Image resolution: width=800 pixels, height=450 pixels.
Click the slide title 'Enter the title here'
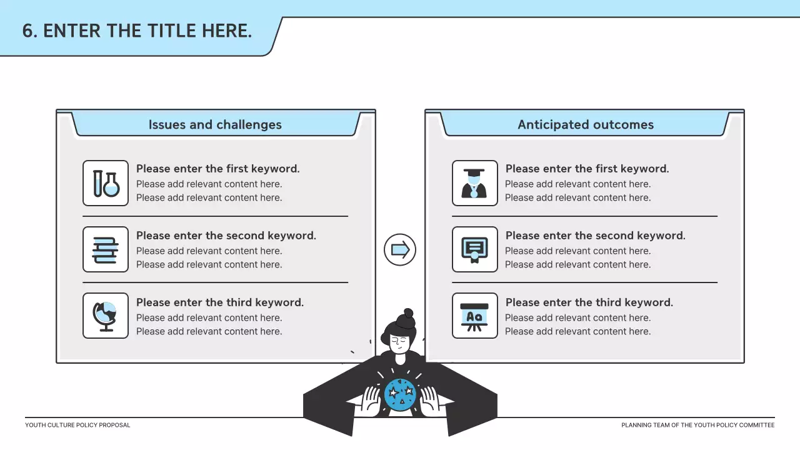tap(137, 30)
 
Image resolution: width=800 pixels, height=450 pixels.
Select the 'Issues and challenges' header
tap(215, 124)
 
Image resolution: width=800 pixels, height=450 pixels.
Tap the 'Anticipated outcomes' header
tap(585, 124)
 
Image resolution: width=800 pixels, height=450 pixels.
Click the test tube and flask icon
tap(106, 183)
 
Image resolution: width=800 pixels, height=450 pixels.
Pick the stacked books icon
tap(106, 249)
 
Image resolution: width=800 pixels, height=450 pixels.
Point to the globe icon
tap(106, 316)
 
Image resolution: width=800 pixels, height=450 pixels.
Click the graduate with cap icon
tap(475, 183)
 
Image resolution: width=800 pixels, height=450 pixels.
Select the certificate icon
tap(475, 249)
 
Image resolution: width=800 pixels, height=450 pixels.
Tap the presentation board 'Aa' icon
tap(475, 316)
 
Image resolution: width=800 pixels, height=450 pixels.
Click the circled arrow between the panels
tap(400, 250)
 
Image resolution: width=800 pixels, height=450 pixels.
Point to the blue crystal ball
tap(400, 394)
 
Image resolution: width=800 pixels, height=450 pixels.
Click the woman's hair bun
tap(408, 314)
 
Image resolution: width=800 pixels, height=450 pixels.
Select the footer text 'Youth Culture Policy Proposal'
tap(77, 425)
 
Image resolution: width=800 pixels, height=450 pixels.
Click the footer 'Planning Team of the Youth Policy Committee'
tap(697, 425)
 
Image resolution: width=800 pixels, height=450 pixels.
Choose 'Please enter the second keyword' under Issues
tap(226, 236)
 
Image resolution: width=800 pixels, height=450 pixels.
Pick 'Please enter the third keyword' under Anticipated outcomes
tap(589, 302)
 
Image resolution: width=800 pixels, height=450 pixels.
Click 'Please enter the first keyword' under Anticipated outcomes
tap(587, 169)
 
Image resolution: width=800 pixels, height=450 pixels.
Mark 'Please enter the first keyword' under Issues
tap(217, 169)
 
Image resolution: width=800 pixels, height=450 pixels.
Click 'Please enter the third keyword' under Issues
tap(220, 302)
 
